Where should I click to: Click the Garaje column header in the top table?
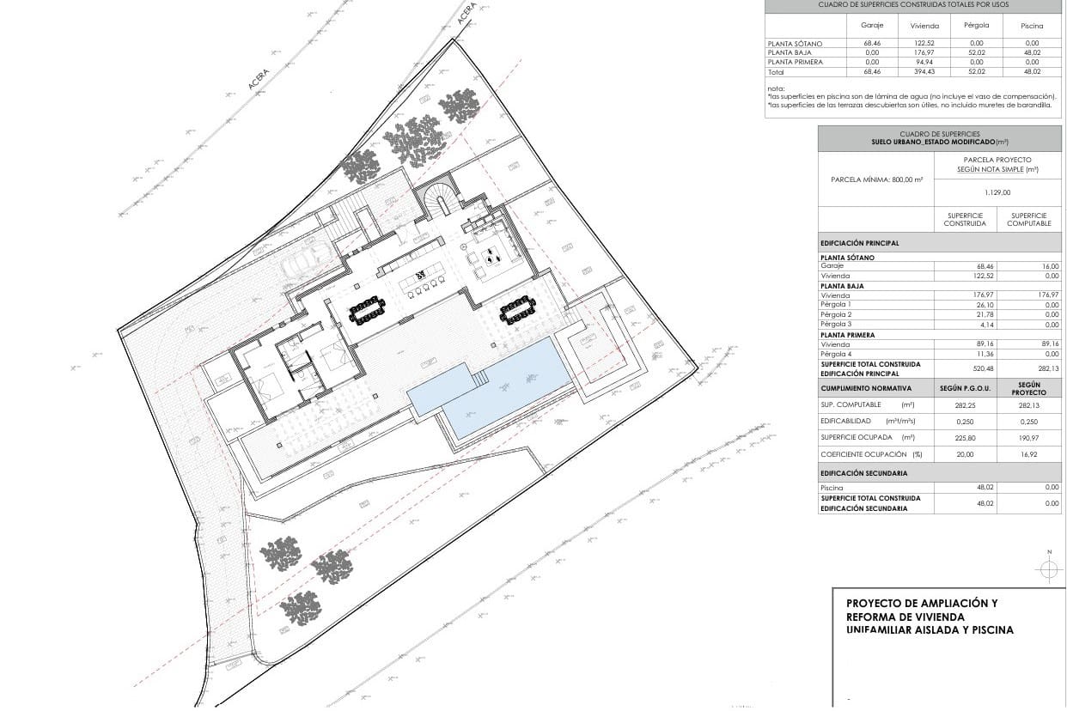(872, 25)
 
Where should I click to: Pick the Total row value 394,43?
(924, 71)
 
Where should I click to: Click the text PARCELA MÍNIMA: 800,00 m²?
(876, 179)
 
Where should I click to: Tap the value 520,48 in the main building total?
(966, 368)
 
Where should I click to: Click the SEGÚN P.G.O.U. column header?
(966, 389)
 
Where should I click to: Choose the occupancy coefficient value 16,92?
(1029, 453)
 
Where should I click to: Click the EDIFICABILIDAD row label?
(845, 421)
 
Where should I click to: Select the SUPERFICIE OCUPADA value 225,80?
(966, 437)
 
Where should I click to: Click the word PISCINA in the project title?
(991, 629)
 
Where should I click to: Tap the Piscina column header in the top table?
(1032, 26)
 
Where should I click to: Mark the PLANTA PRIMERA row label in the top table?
(796, 62)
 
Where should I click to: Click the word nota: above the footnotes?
(776, 88)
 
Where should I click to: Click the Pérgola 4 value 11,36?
(966, 354)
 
